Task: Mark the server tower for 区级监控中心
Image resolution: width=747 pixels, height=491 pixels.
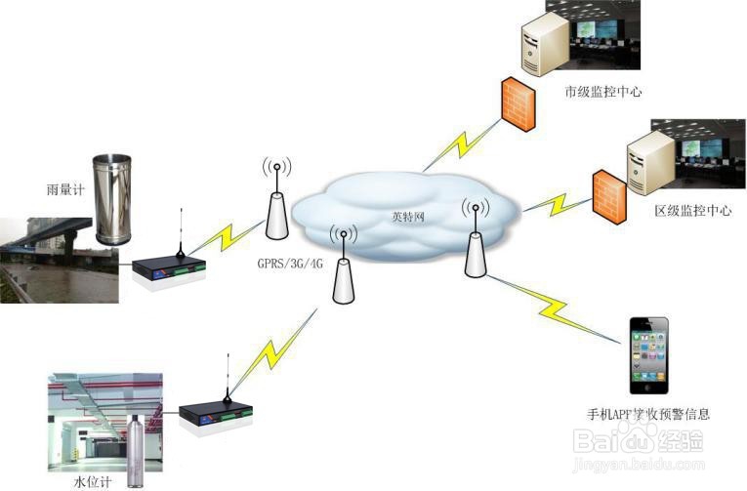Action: pyautogui.click(x=648, y=162)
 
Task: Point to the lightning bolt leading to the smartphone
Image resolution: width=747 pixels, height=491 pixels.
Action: pyautogui.click(x=560, y=309)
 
